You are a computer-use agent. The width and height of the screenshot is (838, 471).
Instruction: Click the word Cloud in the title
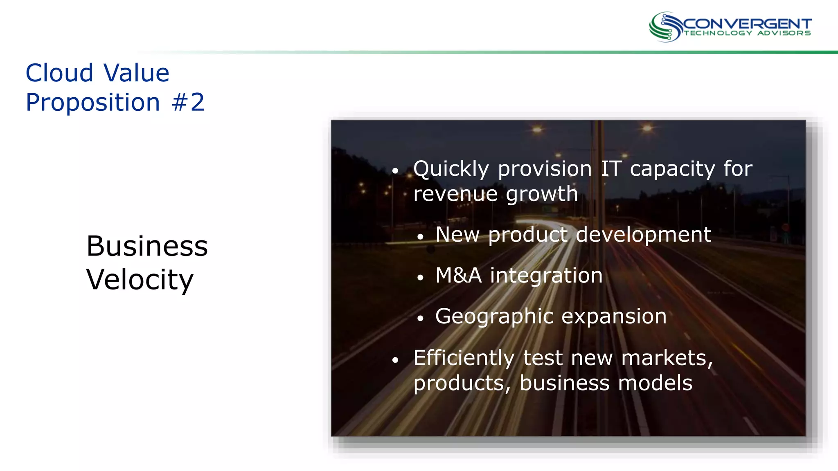[59, 73]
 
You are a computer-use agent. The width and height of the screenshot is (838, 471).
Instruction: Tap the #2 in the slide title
[188, 102]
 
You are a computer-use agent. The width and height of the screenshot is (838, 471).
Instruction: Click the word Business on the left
[147, 247]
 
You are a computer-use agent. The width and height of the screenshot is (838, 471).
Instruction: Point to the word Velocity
[140, 280]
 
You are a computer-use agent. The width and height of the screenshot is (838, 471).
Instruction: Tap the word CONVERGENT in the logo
[747, 24]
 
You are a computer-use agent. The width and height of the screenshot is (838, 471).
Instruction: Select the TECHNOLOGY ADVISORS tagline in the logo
[747, 33]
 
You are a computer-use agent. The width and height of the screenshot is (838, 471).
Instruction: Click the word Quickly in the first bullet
[451, 169]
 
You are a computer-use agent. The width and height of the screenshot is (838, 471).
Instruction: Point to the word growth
[542, 194]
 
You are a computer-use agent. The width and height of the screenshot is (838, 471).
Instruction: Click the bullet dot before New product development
[420, 237]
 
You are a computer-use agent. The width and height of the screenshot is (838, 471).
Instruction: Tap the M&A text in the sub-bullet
[458, 276]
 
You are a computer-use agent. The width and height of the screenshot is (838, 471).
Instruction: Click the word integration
[546, 276]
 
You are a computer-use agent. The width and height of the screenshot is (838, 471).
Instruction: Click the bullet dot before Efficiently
[395, 360]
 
